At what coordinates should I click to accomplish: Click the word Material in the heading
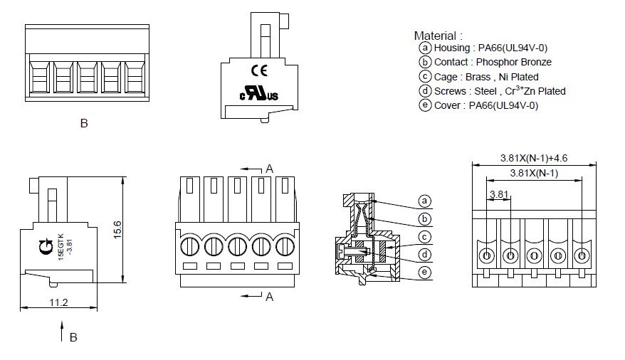[x=436, y=35]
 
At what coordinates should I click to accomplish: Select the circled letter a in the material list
[x=425, y=48]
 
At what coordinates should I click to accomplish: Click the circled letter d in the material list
[x=425, y=91]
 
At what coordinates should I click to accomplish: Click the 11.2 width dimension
[x=59, y=303]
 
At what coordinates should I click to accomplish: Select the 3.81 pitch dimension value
[x=499, y=194]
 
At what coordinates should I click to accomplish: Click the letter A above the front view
[x=270, y=169]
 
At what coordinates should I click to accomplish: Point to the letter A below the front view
[x=270, y=297]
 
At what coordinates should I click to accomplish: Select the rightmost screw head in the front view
[x=284, y=247]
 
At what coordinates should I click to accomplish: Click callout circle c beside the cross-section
[x=425, y=237]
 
